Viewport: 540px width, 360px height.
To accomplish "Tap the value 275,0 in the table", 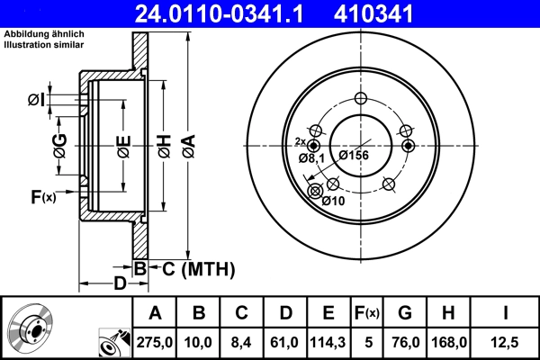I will click(155, 341).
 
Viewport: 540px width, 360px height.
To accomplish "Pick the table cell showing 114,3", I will click(328, 341).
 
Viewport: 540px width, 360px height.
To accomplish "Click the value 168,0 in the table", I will click(446, 341).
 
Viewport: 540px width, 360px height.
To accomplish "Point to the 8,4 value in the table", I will click(241, 341).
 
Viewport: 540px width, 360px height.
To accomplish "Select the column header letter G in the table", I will click(404, 313).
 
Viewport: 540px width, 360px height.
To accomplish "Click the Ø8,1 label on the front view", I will click(310, 158).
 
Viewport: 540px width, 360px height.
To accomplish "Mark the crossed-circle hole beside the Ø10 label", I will click(315, 191).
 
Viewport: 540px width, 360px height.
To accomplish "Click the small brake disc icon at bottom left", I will click(33, 328).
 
